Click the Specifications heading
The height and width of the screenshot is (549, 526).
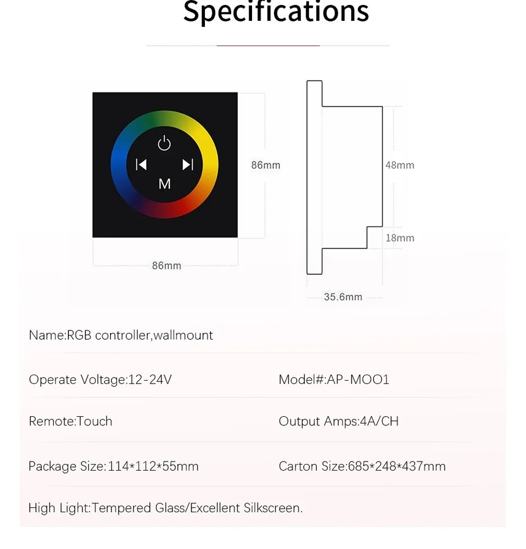(276, 12)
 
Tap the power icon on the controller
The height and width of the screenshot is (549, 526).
(164, 143)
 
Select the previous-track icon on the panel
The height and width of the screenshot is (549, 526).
(141, 164)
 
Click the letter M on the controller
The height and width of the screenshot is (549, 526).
(165, 184)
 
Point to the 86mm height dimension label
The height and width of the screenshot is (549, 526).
(265, 165)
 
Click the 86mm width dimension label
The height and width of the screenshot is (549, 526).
(166, 266)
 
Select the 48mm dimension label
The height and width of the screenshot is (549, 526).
(399, 165)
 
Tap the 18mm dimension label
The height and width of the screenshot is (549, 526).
(399, 238)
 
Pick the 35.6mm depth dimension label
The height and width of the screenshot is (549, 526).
(343, 297)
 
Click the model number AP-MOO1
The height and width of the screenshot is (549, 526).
(358, 379)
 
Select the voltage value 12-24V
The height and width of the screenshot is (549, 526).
(150, 379)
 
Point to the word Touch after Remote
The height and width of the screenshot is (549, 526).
(94, 421)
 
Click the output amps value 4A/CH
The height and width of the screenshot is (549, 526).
(379, 421)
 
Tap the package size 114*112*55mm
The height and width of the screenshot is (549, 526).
(153, 466)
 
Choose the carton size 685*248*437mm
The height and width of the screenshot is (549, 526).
(397, 466)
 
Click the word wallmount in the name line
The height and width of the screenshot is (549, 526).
(183, 335)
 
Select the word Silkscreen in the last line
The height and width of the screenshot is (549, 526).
(273, 508)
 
